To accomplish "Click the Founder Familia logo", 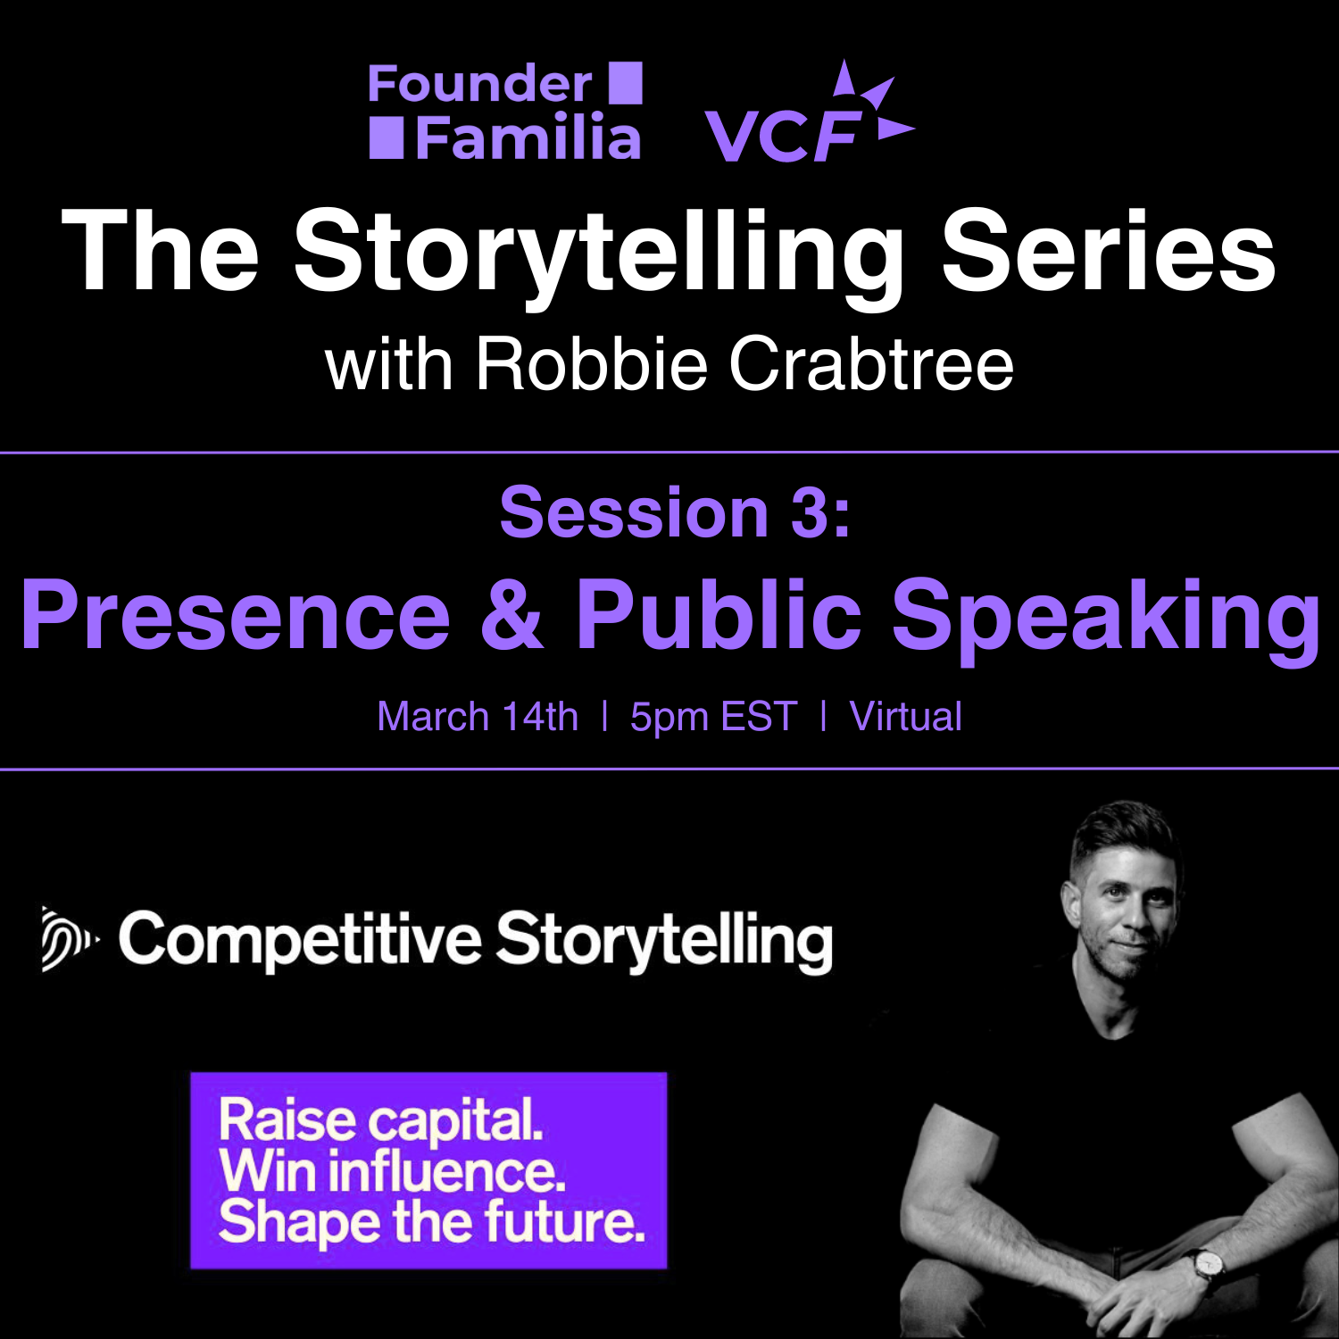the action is point(505,111).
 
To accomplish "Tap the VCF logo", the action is point(810,112).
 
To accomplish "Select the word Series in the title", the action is point(1109,250).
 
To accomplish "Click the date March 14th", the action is point(478,717).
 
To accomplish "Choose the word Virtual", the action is point(906,717).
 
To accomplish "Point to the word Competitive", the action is point(300,940).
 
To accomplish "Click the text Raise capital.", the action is point(381,1121).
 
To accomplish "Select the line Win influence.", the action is point(392,1171).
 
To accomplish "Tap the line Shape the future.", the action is point(432,1222).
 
